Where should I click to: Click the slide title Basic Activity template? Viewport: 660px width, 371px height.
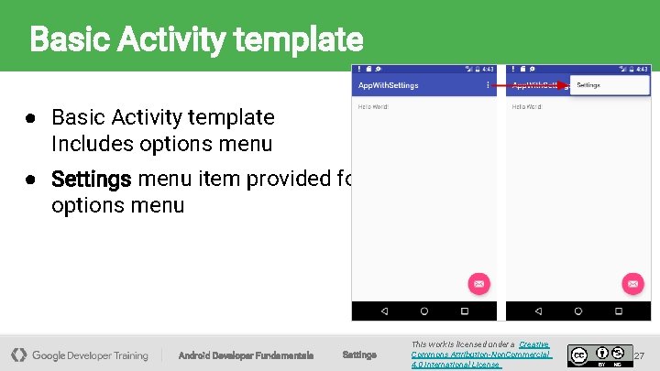pos(196,39)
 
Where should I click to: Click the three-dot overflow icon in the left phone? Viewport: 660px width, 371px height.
pos(487,85)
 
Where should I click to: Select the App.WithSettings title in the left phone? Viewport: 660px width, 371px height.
pos(389,85)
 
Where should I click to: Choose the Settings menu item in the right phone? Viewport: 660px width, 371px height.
pos(588,85)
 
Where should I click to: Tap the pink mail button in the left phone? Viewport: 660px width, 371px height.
pos(478,283)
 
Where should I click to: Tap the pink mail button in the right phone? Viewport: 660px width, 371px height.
pos(632,283)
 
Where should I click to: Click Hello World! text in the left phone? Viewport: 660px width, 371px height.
pos(373,107)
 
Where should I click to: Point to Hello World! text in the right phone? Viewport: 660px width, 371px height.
pos(527,107)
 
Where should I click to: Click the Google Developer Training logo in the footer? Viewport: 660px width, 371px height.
pos(80,355)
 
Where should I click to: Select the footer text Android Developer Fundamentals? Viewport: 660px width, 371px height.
pos(246,355)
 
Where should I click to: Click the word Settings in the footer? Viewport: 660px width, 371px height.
pos(358,355)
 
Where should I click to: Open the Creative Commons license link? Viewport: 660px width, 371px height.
pos(480,355)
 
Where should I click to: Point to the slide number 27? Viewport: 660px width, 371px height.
pos(640,355)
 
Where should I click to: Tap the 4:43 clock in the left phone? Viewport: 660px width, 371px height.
pos(488,69)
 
